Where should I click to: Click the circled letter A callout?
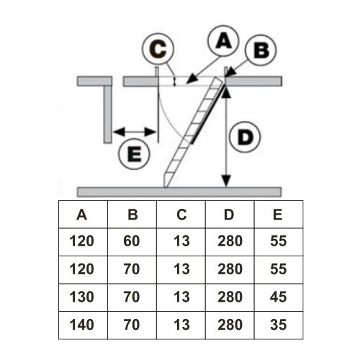pyautogui.click(x=223, y=41)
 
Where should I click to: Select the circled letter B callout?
pyautogui.click(x=261, y=50)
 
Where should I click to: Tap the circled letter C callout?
pyautogui.click(x=158, y=49)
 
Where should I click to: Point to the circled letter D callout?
pyautogui.click(x=245, y=137)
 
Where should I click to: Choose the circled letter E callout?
pyautogui.click(x=134, y=154)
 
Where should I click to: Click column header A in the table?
pyautogui.click(x=81, y=215)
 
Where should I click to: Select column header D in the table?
pyautogui.click(x=229, y=215)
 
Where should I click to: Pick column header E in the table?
pyautogui.click(x=278, y=215)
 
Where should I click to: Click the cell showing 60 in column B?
pyautogui.click(x=132, y=241)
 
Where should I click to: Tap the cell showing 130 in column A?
pyautogui.click(x=81, y=297)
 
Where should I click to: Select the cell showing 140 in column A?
pyautogui.click(x=81, y=325)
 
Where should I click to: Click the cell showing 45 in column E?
pyautogui.click(x=278, y=297)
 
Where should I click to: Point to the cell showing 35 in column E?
pyautogui.click(x=278, y=325)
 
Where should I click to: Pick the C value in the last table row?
pyautogui.click(x=181, y=325)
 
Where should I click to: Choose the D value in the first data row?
pyautogui.click(x=230, y=241)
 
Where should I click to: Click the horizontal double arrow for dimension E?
pyautogui.click(x=135, y=132)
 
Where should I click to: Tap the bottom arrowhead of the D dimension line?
pyautogui.click(x=226, y=181)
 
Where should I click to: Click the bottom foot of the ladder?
pyautogui.click(x=166, y=181)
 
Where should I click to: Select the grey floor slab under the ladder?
pyautogui.click(x=179, y=192)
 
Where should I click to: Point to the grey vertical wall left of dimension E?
pyautogui.click(x=108, y=114)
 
